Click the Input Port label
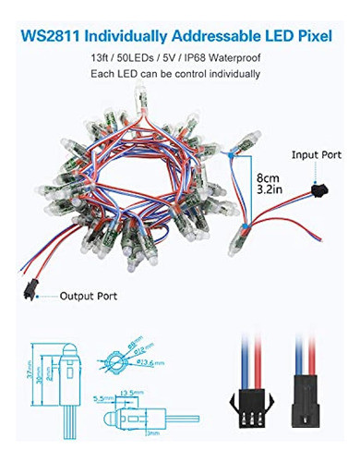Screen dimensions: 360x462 pyautogui.click(x=316, y=157)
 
